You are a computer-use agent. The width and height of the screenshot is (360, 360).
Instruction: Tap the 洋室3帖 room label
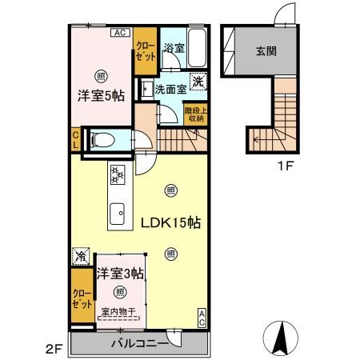coord(120,274)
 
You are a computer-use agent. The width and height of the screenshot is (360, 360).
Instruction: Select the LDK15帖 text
coord(170,223)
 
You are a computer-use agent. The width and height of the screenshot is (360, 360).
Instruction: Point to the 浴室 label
coord(174,48)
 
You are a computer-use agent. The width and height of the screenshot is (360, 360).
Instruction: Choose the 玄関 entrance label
coord(266,53)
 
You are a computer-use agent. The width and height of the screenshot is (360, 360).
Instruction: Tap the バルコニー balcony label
coord(139,345)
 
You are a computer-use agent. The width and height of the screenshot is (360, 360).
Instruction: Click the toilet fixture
coord(102,141)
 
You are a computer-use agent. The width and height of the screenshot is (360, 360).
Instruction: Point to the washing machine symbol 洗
coord(198,79)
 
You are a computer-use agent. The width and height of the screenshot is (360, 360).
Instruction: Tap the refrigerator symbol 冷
coord(81,257)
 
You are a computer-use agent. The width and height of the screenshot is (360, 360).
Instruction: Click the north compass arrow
coord(282,337)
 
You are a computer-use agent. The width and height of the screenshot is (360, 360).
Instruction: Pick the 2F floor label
coord(53,348)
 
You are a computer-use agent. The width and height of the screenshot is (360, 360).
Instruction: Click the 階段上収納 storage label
coord(194,114)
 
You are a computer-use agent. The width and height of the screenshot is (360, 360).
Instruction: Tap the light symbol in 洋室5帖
coord(100,77)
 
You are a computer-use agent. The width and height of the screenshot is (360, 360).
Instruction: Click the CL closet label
coord(75,141)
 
